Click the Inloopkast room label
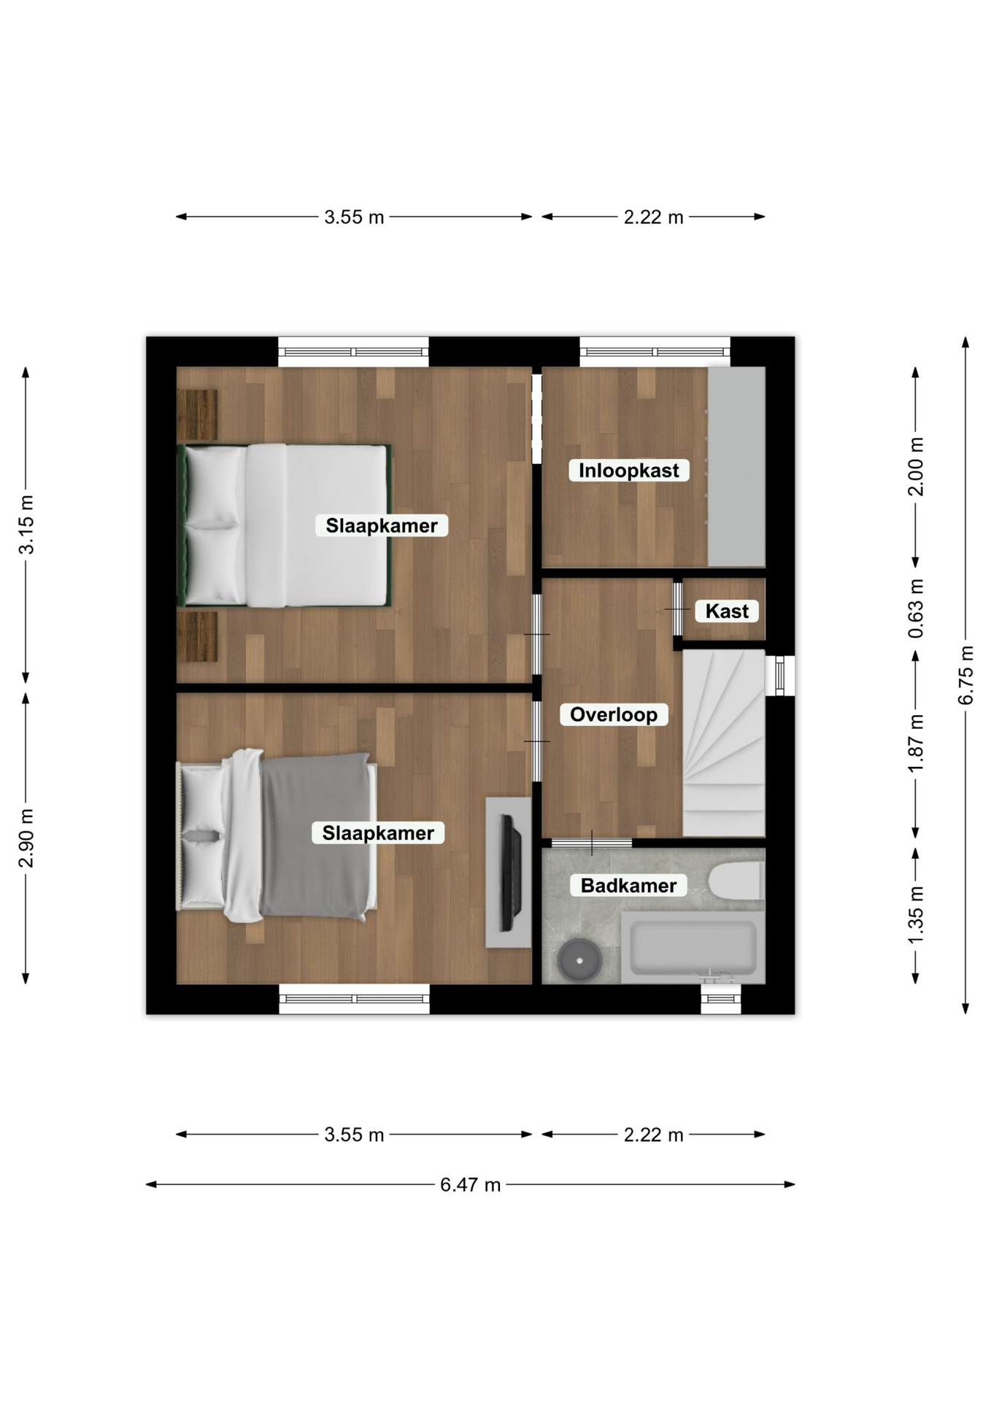pyautogui.click(x=628, y=471)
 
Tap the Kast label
pyautogui.click(x=727, y=611)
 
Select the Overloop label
pyautogui.click(x=613, y=714)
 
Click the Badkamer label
pyautogui.click(x=628, y=885)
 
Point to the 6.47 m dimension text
pyautogui.click(x=470, y=1184)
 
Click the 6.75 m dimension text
pyautogui.click(x=965, y=675)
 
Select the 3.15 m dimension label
pyautogui.click(x=26, y=525)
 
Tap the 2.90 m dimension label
pyautogui.click(x=26, y=838)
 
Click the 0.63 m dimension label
pyautogui.click(x=916, y=608)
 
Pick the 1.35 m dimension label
pyautogui.click(x=916, y=915)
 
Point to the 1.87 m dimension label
pyautogui.click(x=916, y=743)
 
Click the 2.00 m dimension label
pyautogui.click(x=916, y=467)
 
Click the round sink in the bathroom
pyautogui.click(x=580, y=959)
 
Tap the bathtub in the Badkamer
pyautogui.click(x=693, y=946)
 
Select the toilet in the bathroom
pyautogui.click(x=736, y=881)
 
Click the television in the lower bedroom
pyautogui.click(x=510, y=873)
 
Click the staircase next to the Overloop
pyautogui.click(x=723, y=743)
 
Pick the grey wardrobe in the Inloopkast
pyautogui.click(x=736, y=466)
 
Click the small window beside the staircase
pyautogui.click(x=780, y=676)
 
